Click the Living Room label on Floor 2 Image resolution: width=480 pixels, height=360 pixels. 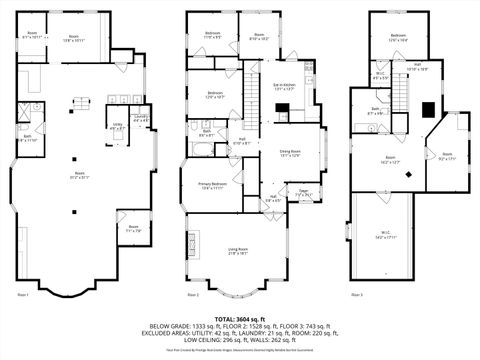pos(237,250)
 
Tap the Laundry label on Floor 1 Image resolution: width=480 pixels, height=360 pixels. pos(141,119)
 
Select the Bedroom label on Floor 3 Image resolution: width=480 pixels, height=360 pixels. pos(398,37)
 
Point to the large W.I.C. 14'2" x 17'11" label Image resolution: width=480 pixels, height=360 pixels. pos(384,236)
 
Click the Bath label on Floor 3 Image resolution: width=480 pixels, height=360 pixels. pos(374,112)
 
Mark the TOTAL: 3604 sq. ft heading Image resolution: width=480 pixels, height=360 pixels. pos(239,317)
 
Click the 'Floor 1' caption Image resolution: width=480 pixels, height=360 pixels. pos(24,296)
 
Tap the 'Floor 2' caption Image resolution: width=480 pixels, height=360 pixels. pos(193,296)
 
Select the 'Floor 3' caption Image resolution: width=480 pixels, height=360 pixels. pos(356,296)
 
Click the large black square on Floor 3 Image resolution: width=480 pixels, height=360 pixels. pos(428,110)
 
